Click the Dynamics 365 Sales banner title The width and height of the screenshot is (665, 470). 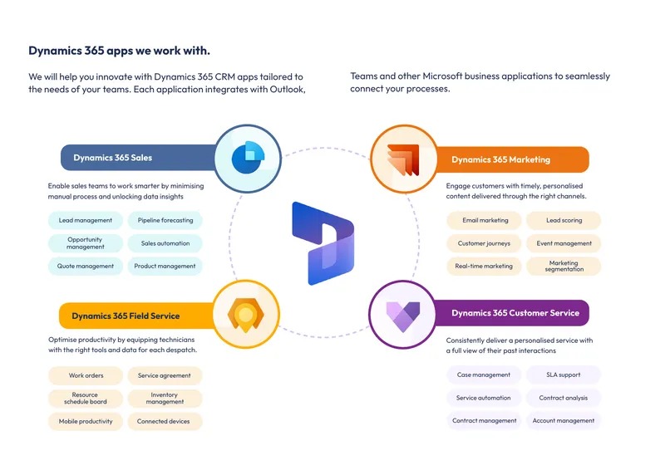click(113, 158)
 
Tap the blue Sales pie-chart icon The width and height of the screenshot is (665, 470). click(248, 157)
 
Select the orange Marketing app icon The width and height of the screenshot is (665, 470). click(403, 159)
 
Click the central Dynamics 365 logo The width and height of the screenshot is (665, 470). click(323, 243)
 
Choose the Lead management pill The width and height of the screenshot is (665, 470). click(86, 220)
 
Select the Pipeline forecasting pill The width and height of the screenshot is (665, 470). click(165, 220)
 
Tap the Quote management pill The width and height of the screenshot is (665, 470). click(86, 267)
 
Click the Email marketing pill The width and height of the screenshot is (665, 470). click(484, 220)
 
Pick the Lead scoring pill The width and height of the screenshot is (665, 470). click(564, 220)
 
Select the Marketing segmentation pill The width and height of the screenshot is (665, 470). click(564, 267)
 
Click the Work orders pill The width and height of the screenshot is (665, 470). click(86, 375)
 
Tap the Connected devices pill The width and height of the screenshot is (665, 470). click(165, 421)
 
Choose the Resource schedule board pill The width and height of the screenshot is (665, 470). click(86, 399)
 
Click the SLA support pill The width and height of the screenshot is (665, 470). click(564, 375)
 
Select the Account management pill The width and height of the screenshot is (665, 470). click(564, 420)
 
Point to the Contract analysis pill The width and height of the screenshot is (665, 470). click(564, 398)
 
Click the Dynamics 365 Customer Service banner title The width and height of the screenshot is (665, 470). click(515, 313)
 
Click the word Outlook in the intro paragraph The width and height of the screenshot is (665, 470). click(288, 90)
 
